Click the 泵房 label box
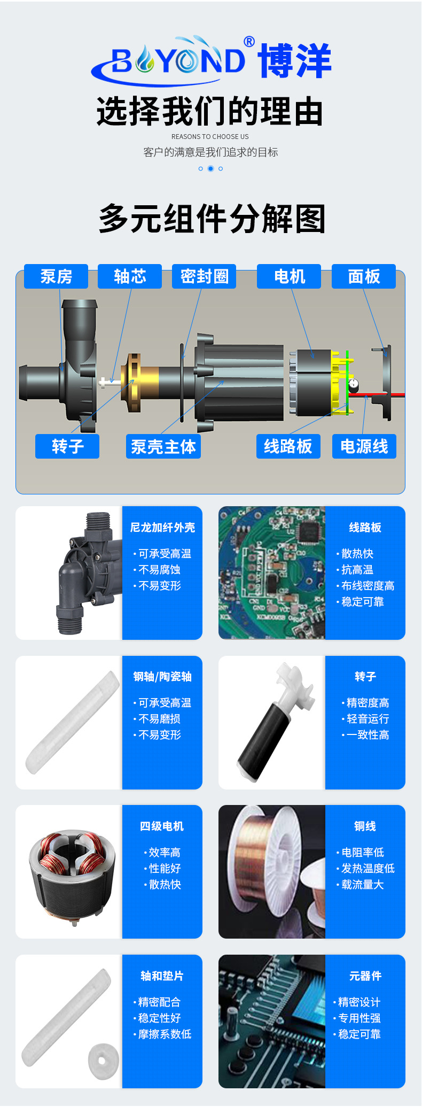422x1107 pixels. [56, 276]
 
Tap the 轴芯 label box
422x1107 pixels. [130, 276]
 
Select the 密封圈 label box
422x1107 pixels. [204, 276]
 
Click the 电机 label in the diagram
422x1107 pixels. [289, 276]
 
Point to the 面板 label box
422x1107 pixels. [364, 276]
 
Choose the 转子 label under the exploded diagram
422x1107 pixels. [67, 446]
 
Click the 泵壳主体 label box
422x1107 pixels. [163, 446]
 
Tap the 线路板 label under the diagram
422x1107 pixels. [288, 446]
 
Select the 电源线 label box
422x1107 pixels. [364, 446]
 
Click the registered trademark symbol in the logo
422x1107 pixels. [249, 42]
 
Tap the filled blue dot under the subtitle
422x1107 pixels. [210, 168]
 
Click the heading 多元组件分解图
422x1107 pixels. [212, 219]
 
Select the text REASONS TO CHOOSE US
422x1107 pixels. [210, 137]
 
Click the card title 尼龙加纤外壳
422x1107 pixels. [162, 528]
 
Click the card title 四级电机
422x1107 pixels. [162, 826]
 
